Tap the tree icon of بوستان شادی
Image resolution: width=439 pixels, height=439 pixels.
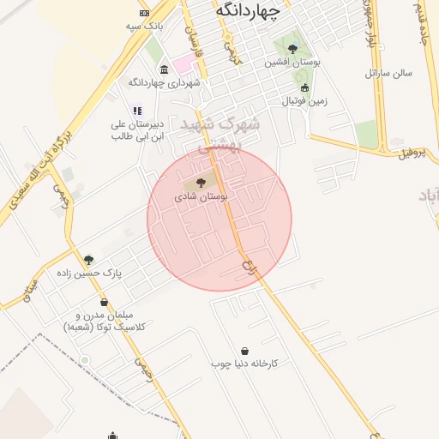click(x=201, y=183)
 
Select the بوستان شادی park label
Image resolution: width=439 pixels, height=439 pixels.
click(x=201, y=196)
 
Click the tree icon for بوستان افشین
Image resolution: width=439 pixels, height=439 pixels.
click(x=293, y=49)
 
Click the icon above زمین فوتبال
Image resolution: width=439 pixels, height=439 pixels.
click(x=304, y=87)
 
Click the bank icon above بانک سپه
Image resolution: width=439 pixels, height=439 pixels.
click(x=144, y=13)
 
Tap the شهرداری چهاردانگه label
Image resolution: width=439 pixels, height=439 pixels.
click(x=164, y=82)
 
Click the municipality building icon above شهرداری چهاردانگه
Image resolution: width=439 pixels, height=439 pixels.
click(x=164, y=69)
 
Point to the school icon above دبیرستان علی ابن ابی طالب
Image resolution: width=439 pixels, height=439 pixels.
click(x=136, y=110)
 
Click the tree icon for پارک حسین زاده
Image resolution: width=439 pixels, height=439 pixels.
click(x=88, y=260)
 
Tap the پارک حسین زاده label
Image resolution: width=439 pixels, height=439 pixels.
click(x=89, y=273)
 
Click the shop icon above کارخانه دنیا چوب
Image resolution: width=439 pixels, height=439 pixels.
click(x=245, y=351)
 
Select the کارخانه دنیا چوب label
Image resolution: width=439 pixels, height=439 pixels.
click(x=245, y=364)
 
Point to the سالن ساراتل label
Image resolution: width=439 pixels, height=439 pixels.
click(x=389, y=73)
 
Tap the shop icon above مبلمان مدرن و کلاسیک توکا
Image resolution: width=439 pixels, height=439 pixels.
click(x=105, y=303)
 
